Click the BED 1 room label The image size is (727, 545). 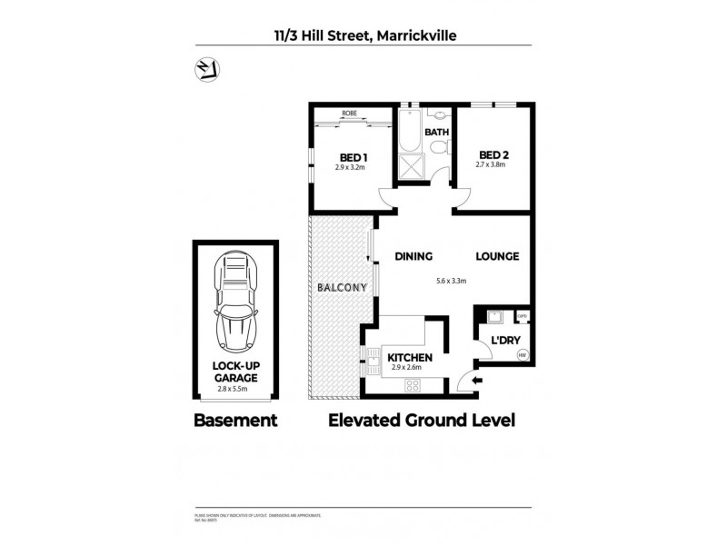click(343, 156)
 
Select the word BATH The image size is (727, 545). click(438, 133)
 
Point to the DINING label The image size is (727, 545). click(413, 256)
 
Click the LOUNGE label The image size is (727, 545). click(497, 256)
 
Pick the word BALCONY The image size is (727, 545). click(342, 288)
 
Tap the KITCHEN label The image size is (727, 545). click(410, 358)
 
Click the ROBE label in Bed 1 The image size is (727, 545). click(349, 114)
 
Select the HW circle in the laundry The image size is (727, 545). click(522, 355)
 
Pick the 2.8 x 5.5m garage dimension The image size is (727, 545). click(235, 389)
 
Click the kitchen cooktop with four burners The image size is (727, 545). click(413, 384)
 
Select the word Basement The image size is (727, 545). click(235, 421)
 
